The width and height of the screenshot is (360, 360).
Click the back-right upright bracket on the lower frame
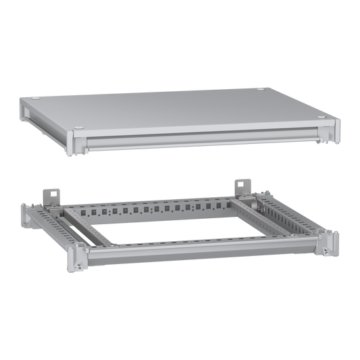[240, 186]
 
